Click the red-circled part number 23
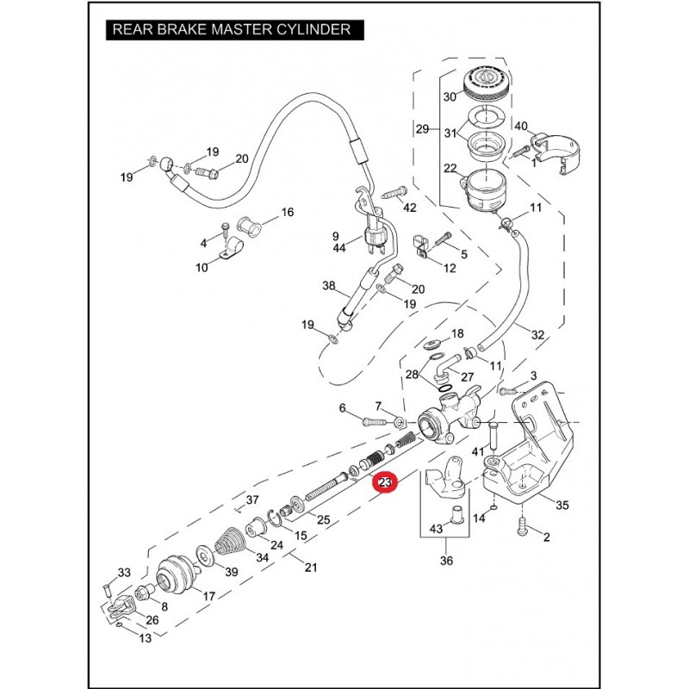tap(383, 485)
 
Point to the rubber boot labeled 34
tap(232, 542)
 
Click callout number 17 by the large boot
tap(208, 595)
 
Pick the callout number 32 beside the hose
tap(538, 333)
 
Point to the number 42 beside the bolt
tap(409, 208)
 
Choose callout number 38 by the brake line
tap(327, 285)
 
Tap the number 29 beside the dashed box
tap(422, 129)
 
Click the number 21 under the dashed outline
tap(311, 567)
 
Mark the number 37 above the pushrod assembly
tap(252, 499)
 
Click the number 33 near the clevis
tap(123, 573)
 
